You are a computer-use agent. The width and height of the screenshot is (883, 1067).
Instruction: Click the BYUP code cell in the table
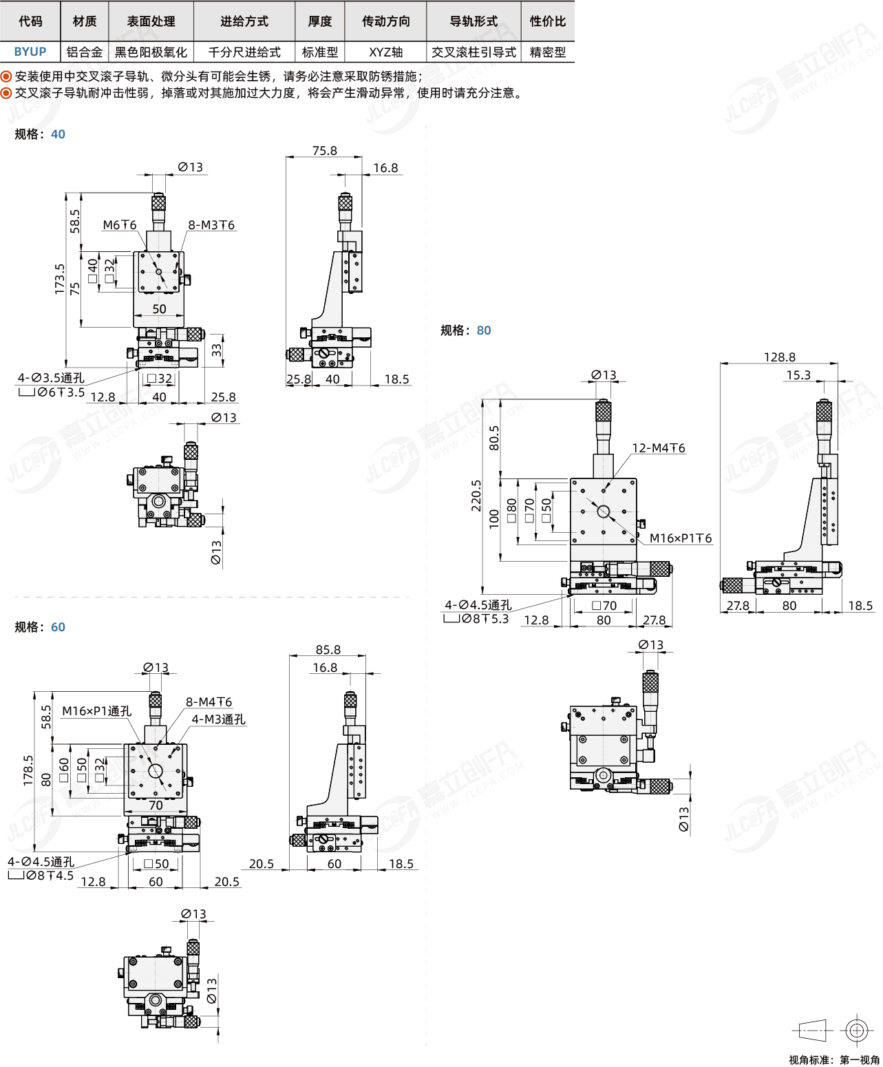(x=30, y=52)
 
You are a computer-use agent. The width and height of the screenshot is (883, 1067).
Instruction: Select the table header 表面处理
(x=151, y=21)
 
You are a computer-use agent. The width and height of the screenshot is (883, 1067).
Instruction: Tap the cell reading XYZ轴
(x=386, y=52)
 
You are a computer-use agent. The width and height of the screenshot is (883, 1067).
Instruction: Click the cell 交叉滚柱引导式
(x=474, y=52)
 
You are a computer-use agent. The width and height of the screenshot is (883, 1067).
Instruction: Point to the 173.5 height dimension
(x=60, y=279)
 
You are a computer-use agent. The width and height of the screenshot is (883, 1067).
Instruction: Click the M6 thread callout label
(x=120, y=225)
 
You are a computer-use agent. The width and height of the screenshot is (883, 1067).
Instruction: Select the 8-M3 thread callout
(x=211, y=225)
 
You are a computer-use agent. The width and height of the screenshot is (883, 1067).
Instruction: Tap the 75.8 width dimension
(x=324, y=150)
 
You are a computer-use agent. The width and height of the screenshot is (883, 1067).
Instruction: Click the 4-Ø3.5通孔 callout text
(x=51, y=378)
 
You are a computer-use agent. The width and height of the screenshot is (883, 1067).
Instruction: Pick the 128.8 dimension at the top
(x=779, y=357)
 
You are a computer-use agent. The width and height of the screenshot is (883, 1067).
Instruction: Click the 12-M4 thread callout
(x=658, y=447)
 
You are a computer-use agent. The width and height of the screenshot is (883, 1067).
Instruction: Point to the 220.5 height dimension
(x=476, y=495)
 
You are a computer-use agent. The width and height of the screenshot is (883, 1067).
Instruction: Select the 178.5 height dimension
(x=28, y=770)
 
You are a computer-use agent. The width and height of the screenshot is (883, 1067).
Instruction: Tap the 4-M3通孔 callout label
(x=218, y=719)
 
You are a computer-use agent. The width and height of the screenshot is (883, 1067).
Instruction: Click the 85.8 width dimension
(x=328, y=649)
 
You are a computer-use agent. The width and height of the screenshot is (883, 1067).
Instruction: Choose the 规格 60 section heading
(x=40, y=627)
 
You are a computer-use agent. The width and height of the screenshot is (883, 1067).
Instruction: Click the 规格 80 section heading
(x=465, y=330)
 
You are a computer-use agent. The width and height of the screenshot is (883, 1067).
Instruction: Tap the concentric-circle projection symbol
(x=857, y=1030)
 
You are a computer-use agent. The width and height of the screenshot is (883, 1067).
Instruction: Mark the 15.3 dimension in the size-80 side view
(x=798, y=374)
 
